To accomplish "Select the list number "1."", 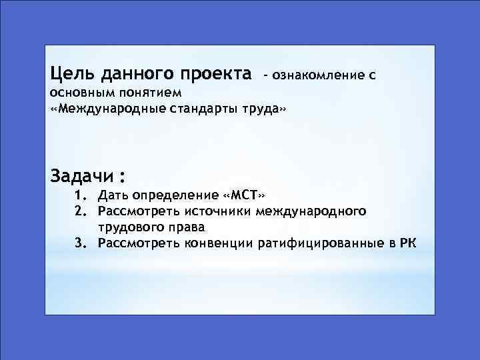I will (81, 196).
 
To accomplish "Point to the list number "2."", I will (81, 212).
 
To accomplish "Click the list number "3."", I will (81, 243).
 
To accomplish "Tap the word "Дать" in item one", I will (113, 196).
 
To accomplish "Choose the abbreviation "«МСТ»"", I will (245, 196).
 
